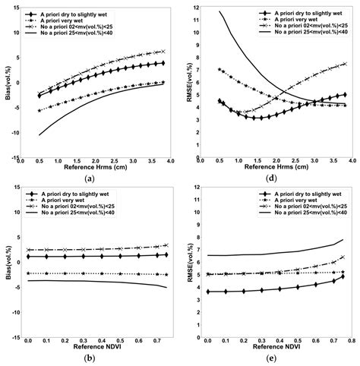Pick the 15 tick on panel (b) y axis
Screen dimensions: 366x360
click(17, 188)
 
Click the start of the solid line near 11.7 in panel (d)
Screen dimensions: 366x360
click(221, 11)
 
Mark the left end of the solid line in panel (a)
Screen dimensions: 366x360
click(39, 135)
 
